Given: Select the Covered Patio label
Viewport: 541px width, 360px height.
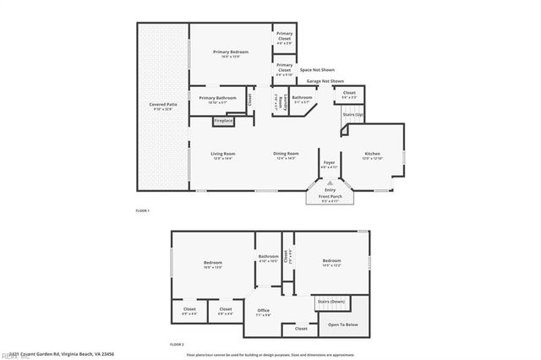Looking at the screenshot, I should click(156, 105).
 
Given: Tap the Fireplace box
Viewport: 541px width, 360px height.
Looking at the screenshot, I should click(223, 121).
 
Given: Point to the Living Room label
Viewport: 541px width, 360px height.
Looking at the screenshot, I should click(222, 153).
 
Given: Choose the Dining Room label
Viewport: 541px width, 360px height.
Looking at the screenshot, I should click(286, 153).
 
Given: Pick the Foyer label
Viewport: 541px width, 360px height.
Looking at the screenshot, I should click(329, 162).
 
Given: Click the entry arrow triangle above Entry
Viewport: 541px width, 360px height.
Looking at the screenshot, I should click(331, 183).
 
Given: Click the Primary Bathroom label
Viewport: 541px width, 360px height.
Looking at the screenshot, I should click(218, 98).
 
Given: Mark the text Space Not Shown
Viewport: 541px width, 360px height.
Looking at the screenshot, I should click(317, 70).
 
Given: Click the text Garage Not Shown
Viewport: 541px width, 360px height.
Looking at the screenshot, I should click(325, 81).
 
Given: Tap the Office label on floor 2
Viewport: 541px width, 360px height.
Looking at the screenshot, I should click(263, 310).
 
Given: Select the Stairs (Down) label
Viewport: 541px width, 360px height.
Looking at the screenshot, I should click(330, 301).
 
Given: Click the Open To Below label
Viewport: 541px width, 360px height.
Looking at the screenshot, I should click(342, 325).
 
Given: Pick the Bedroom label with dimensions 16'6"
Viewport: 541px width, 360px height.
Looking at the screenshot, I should click(213, 264).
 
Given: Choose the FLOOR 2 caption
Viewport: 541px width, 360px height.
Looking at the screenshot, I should click(176, 345).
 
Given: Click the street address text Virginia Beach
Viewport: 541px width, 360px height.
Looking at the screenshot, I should click(73, 353).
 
